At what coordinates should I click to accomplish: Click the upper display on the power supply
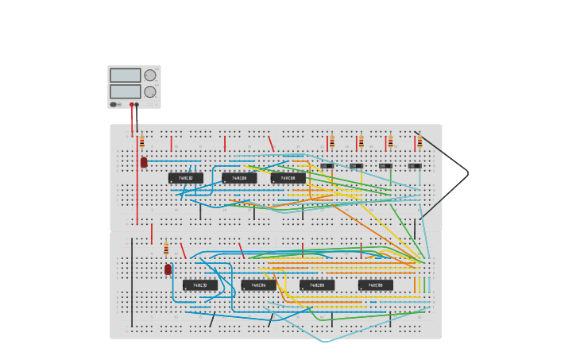point(125,75)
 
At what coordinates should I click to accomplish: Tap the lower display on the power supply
point(125,91)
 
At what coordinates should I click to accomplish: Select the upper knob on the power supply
point(150,75)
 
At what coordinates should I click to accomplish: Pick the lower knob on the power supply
point(150,92)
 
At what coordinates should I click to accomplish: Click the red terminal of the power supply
point(132,104)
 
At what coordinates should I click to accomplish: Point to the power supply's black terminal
point(137,104)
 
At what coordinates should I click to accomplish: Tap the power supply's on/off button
point(114,104)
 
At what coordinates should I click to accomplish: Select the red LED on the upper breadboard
point(144,162)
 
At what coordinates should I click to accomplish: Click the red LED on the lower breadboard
point(168,269)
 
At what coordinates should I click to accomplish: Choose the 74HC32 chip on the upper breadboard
point(186,178)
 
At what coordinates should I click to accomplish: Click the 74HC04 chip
point(259,285)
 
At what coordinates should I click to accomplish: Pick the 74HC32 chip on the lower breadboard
point(200,285)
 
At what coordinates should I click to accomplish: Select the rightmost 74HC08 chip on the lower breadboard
point(376,285)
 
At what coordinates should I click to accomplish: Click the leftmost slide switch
point(327,166)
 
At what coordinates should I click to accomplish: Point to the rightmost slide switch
point(415,166)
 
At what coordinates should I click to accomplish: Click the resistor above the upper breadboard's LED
point(141,142)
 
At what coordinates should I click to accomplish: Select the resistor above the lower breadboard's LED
point(166,249)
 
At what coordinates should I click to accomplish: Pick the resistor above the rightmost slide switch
point(419,142)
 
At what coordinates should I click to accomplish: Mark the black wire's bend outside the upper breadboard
point(468,172)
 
